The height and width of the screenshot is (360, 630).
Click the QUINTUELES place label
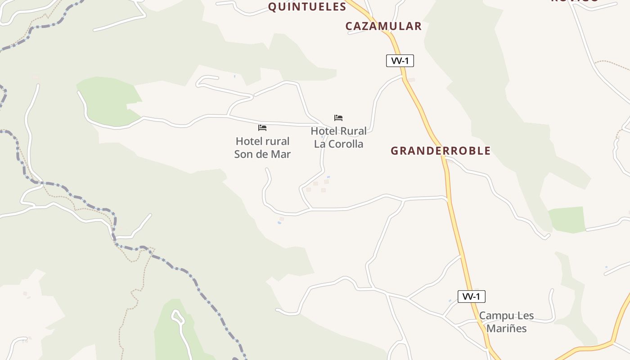307,7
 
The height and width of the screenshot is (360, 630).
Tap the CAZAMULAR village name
383,26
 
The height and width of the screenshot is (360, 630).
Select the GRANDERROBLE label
441,151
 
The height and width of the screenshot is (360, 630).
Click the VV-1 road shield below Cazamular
400,61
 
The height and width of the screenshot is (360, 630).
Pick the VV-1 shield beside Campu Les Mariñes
471,297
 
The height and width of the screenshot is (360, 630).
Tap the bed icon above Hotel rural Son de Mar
262,128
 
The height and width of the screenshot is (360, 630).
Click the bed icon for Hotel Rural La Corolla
338,118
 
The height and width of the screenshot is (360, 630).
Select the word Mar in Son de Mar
281,154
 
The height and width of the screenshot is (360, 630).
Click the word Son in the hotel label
243,154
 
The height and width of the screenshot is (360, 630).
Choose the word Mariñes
506,328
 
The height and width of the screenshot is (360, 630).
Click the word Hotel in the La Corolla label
324,131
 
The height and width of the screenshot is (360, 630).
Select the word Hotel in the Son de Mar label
249,141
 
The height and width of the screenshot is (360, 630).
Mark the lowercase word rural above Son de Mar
277,141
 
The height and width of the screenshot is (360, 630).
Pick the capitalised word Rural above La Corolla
353,131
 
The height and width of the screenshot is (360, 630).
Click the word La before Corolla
319,144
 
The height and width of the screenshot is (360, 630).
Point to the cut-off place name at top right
575,1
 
